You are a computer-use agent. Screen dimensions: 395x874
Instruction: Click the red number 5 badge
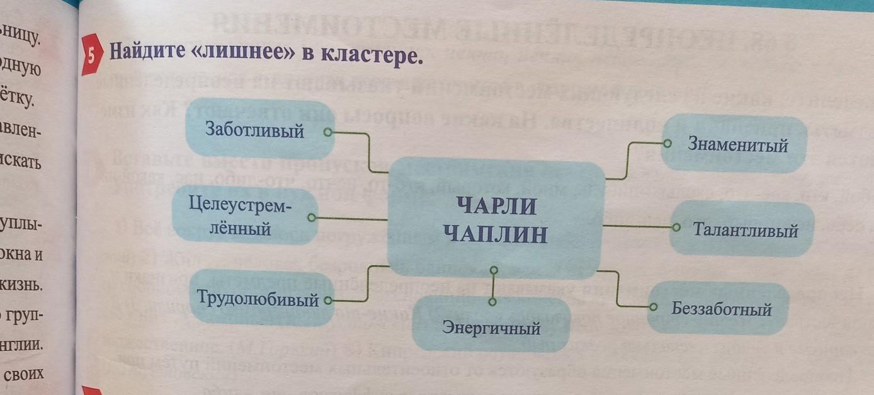point(92,55)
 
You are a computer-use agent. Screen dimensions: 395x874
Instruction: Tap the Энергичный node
point(492,328)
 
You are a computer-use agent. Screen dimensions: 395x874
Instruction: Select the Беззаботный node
point(722,309)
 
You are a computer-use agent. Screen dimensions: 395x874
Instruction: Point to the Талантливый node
point(746,230)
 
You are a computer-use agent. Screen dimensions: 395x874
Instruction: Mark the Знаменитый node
point(738,145)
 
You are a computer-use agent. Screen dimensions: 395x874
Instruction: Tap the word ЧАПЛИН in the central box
point(496,235)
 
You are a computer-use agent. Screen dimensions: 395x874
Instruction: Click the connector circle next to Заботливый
point(327,132)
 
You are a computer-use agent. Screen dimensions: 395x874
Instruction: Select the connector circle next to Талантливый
point(676,227)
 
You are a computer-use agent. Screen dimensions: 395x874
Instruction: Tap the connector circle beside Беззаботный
point(653,307)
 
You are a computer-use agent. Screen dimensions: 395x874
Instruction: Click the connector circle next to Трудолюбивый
point(327,301)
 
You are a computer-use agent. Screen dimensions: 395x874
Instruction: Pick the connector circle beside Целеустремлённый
point(311,218)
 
